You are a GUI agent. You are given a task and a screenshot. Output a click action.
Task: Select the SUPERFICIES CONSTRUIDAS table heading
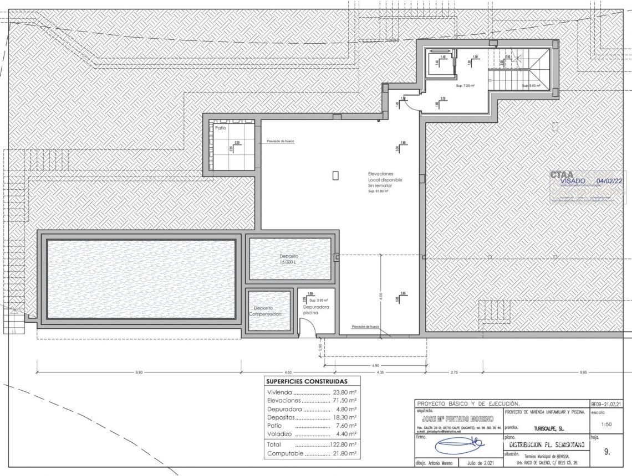tap(307, 381)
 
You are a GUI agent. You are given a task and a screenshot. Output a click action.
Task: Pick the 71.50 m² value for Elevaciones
tap(344, 400)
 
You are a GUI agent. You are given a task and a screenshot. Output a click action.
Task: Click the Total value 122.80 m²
tap(344, 444)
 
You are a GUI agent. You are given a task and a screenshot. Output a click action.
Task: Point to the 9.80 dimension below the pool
tap(139, 372)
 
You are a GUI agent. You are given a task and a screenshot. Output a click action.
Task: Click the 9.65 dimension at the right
tap(583, 372)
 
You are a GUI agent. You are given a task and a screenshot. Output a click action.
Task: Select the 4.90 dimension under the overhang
tap(375, 366)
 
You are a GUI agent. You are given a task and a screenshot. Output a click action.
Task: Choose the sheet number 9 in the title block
tap(607, 452)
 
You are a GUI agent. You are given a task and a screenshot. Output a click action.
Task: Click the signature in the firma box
tap(458, 446)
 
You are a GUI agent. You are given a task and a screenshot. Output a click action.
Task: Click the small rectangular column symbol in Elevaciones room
tap(335, 175)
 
